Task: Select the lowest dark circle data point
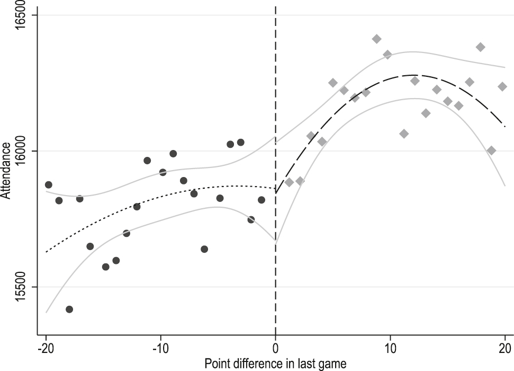click(69, 309)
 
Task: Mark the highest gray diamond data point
click(376, 39)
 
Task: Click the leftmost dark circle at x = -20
click(49, 184)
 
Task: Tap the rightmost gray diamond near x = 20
click(502, 86)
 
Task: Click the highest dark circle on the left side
click(240, 142)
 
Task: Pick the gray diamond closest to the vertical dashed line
click(289, 182)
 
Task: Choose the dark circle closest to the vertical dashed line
click(261, 200)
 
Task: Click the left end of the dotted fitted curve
click(47, 252)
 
